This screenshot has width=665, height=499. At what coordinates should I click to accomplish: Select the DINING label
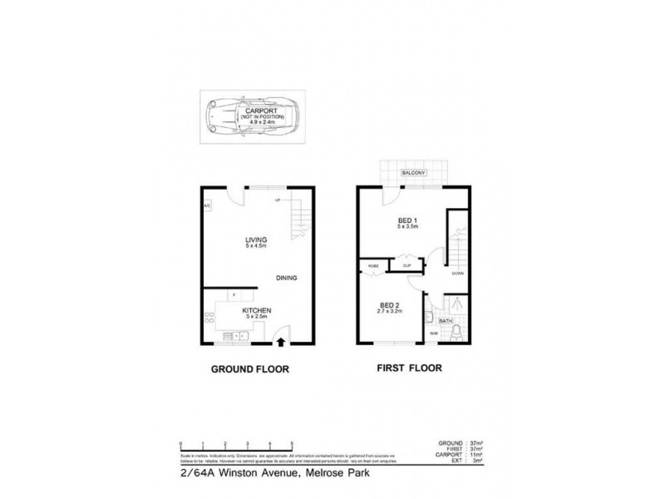(286, 278)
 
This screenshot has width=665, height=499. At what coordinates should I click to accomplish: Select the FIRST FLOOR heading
(408, 368)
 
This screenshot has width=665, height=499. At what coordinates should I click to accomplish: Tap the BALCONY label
(413, 173)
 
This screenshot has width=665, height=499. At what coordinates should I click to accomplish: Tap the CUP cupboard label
(406, 266)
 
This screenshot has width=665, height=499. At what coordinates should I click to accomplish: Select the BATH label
(446, 320)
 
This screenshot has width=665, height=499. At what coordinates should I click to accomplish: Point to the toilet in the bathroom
(457, 333)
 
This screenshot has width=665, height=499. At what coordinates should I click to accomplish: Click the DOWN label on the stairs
(457, 273)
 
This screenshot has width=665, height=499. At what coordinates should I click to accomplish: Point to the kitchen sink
(240, 335)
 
